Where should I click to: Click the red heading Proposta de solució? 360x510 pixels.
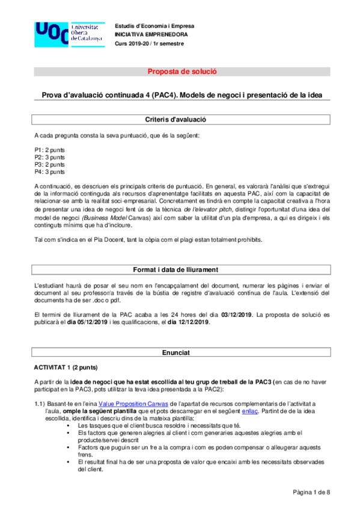point(182,72)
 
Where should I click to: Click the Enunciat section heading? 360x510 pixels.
point(182,351)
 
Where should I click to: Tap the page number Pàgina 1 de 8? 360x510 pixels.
point(311,493)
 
